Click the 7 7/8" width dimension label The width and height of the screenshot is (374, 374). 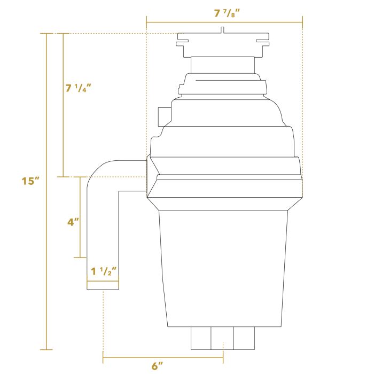(x=224, y=13)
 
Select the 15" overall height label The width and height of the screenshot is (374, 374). (x=31, y=181)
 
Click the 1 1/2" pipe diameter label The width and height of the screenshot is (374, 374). (x=103, y=271)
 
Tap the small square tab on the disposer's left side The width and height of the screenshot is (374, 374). (x=161, y=115)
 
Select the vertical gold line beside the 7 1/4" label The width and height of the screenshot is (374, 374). (x=64, y=134)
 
